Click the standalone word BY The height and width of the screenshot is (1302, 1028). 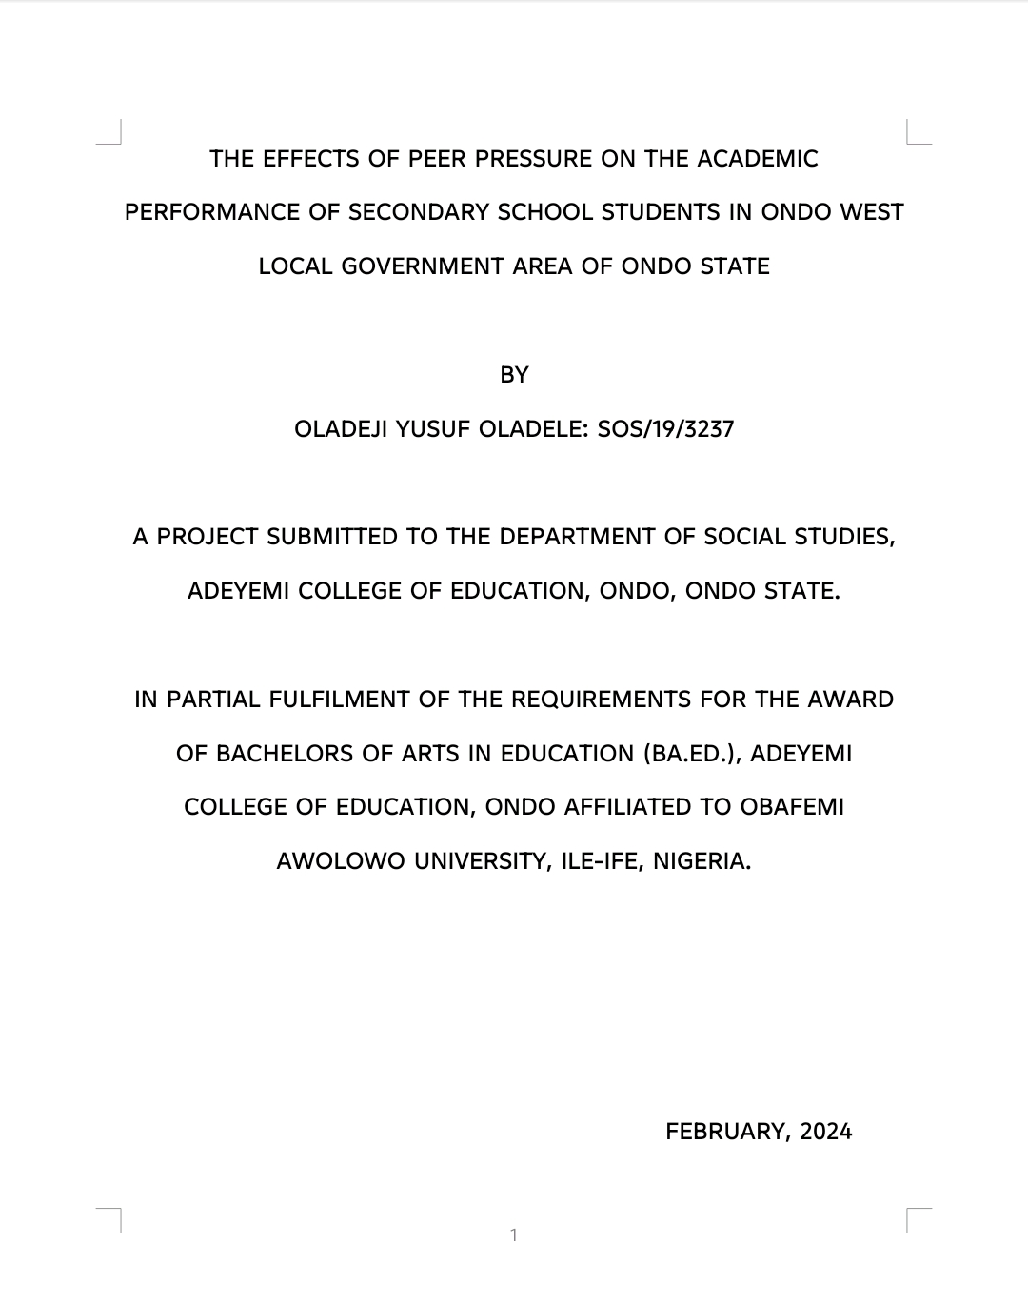pyautogui.click(x=514, y=375)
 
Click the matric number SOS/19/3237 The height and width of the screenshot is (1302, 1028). pyautogui.click(x=665, y=429)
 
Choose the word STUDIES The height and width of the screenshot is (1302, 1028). pyautogui.click(x=850, y=537)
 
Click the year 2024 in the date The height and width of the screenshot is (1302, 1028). pyautogui.click(x=825, y=1132)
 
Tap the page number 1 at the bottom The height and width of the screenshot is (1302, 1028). pyautogui.click(x=514, y=1235)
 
